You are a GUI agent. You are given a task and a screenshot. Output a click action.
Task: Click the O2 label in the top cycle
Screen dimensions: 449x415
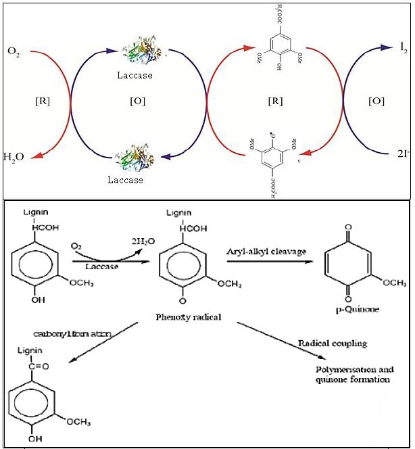click(x=13, y=51)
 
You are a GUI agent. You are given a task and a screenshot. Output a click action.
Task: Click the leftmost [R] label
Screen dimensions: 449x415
click(x=42, y=101)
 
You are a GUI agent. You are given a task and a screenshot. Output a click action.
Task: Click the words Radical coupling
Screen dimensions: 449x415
click(x=333, y=344)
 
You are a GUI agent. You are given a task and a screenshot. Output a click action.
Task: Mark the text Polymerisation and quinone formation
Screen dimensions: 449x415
click(x=353, y=375)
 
